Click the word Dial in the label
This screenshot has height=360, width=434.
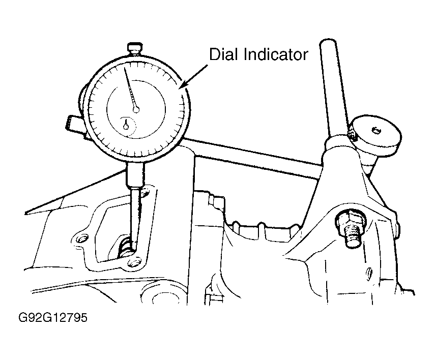click(223, 54)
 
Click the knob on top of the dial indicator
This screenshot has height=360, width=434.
click(134, 49)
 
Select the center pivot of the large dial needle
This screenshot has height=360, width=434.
click(136, 108)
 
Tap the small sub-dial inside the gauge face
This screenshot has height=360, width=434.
click(127, 125)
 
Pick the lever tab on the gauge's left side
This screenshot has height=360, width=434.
click(71, 123)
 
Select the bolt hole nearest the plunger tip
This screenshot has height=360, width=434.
click(135, 262)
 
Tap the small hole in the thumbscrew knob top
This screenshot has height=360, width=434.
click(377, 131)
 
